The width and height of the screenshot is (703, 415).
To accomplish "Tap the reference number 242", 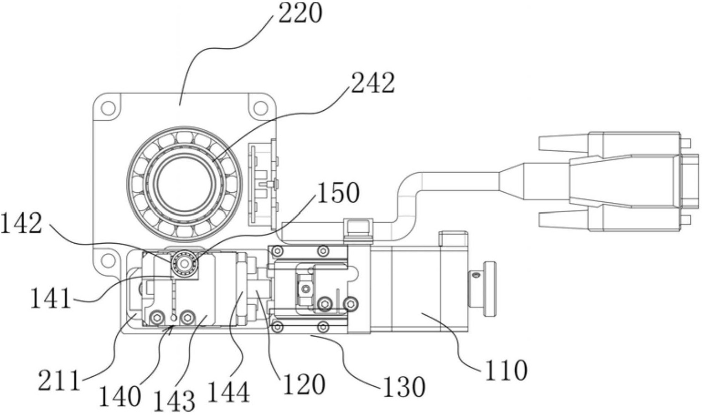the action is click(372, 83).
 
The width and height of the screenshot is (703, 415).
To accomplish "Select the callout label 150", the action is click(338, 193).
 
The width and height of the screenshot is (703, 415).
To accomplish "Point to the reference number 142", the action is click(21, 223).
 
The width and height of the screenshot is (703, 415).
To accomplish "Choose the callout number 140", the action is click(119, 396).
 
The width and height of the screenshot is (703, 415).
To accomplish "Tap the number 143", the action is click(174, 400).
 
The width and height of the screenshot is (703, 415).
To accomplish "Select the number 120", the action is click(304, 384).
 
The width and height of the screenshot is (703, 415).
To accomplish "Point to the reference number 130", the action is click(404, 386).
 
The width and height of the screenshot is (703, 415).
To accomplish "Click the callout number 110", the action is click(506, 370).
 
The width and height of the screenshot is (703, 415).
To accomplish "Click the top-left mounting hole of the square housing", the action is click(108, 108).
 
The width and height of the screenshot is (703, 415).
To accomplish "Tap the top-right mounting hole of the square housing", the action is click(260, 108).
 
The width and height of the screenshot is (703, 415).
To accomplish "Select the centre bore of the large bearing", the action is click(185, 184).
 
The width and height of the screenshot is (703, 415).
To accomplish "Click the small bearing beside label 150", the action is click(184, 263).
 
